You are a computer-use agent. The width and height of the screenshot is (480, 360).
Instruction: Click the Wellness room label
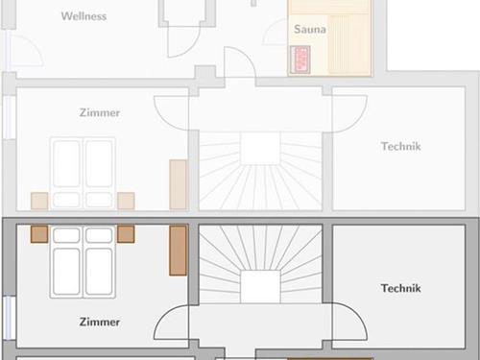tap(84, 16)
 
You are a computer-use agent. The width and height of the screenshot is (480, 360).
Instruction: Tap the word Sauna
tap(310, 29)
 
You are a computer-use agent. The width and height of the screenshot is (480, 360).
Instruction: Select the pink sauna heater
tap(300, 60)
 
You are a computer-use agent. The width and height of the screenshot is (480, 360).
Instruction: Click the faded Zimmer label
tap(100, 112)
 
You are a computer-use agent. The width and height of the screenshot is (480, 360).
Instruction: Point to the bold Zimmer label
tap(100, 322)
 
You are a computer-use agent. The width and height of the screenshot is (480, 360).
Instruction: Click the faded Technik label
tap(400, 146)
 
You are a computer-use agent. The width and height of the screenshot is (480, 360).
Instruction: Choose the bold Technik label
tap(400, 288)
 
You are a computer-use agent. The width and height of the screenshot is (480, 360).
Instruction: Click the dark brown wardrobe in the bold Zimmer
tap(178, 251)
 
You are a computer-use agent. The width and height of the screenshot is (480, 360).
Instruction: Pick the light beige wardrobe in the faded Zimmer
tap(178, 184)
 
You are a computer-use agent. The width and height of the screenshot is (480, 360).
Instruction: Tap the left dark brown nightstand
tap(39, 234)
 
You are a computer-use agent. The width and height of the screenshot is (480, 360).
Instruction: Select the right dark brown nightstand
tap(126, 234)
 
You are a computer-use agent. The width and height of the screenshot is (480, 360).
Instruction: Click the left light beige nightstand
tap(39, 201)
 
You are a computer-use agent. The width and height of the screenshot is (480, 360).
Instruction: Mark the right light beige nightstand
tap(126, 201)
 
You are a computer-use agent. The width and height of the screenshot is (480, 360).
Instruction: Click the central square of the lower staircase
tap(260, 286)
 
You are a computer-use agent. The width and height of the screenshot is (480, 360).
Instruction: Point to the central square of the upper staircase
tap(260, 149)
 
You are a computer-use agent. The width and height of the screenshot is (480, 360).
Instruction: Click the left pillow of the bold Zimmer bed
tap(66, 235)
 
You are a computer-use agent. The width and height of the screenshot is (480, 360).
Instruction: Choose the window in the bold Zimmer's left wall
tap(10, 318)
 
